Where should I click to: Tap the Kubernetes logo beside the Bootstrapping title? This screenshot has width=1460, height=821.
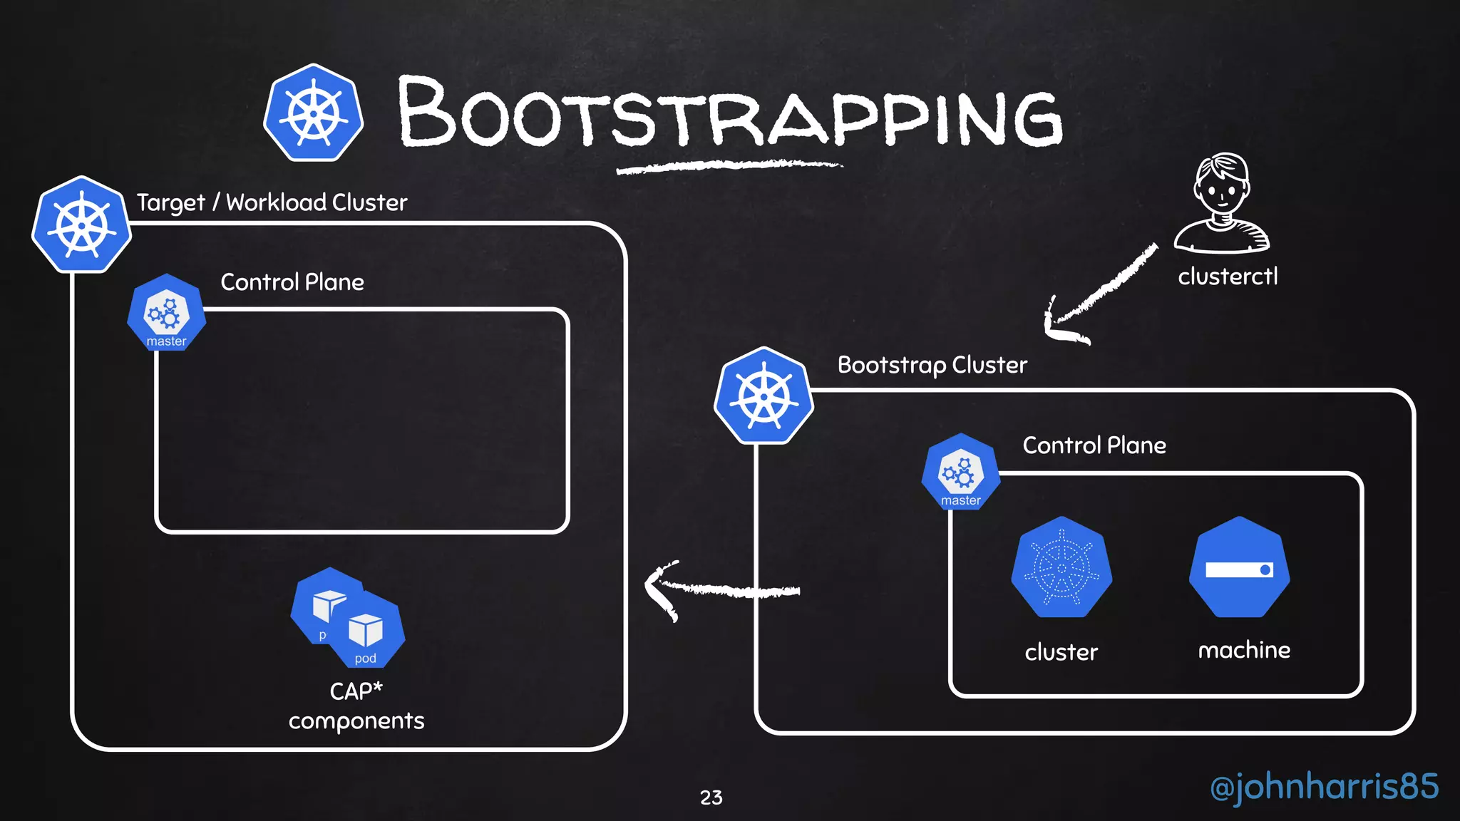pos(314,113)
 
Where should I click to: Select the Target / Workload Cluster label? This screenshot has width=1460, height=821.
pos(272,202)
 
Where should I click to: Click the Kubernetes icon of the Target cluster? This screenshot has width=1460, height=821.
pos(81,225)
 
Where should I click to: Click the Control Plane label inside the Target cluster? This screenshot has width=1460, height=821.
pos(292,282)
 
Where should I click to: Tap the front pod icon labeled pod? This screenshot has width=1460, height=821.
pos(366,631)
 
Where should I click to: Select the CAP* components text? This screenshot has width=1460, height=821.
pos(356,706)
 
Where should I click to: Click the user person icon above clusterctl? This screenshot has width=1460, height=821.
pos(1222,203)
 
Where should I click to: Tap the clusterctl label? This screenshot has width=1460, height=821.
pos(1228,277)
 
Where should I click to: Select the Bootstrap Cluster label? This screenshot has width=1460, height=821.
pos(932,365)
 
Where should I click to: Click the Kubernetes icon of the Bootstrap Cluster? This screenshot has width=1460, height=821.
pos(764,396)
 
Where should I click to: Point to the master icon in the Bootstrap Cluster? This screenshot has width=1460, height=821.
pos(960,473)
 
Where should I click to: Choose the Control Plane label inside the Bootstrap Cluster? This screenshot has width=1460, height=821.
pos(1094,445)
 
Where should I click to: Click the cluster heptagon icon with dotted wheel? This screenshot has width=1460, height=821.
pos(1061,567)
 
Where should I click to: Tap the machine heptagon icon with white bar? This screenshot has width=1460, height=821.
pos(1239,568)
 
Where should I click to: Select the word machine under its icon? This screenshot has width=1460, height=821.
pos(1243,650)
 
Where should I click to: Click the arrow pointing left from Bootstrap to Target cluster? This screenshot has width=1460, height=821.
pos(720,590)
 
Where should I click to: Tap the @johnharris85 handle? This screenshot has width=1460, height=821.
pos(1324,787)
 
